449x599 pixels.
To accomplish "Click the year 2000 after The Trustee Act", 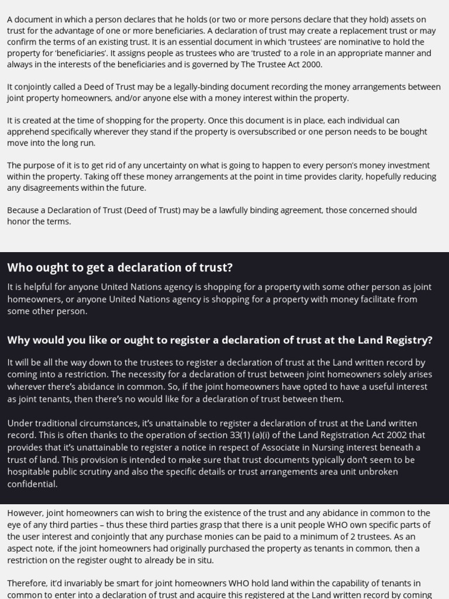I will click(311, 64).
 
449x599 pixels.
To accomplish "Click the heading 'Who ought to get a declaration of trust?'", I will click(120, 267).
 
